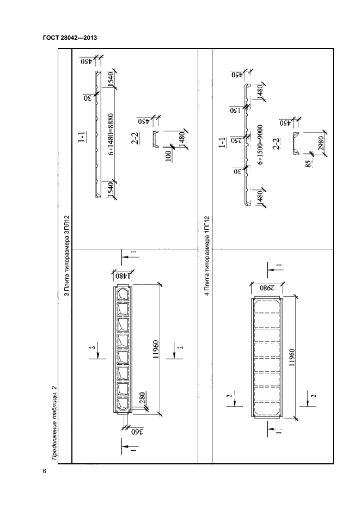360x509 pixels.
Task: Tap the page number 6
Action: (x=44, y=470)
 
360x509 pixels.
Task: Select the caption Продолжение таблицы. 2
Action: (x=54, y=421)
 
